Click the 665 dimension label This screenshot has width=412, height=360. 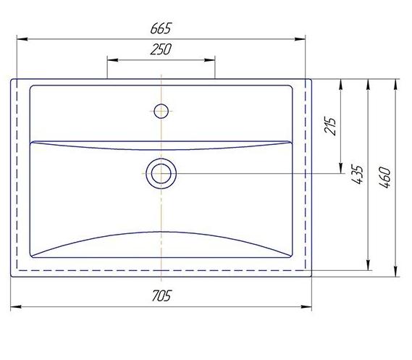[x=161, y=28]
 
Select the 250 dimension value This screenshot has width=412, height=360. [x=161, y=49]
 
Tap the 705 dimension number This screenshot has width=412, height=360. [x=161, y=296]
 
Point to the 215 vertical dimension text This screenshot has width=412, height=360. [x=330, y=125]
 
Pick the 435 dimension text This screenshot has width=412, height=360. [x=358, y=175]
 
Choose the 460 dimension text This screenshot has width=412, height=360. [x=385, y=177]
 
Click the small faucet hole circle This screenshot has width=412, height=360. [x=161, y=111]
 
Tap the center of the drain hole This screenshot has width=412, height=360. [x=161, y=173]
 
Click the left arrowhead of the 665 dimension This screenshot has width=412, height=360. [x=22, y=39]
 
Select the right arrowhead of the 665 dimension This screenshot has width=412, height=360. [x=300, y=39]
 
